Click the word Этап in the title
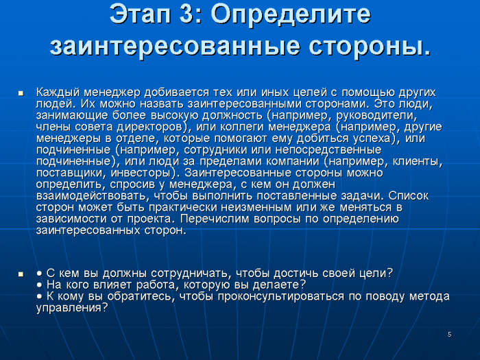point(140,14)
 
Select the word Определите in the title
point(291,14)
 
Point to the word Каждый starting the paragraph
point(58,92)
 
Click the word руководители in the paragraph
point(377,116)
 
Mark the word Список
point(409,196)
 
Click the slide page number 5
point(449,335)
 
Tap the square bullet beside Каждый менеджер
point(21,93)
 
